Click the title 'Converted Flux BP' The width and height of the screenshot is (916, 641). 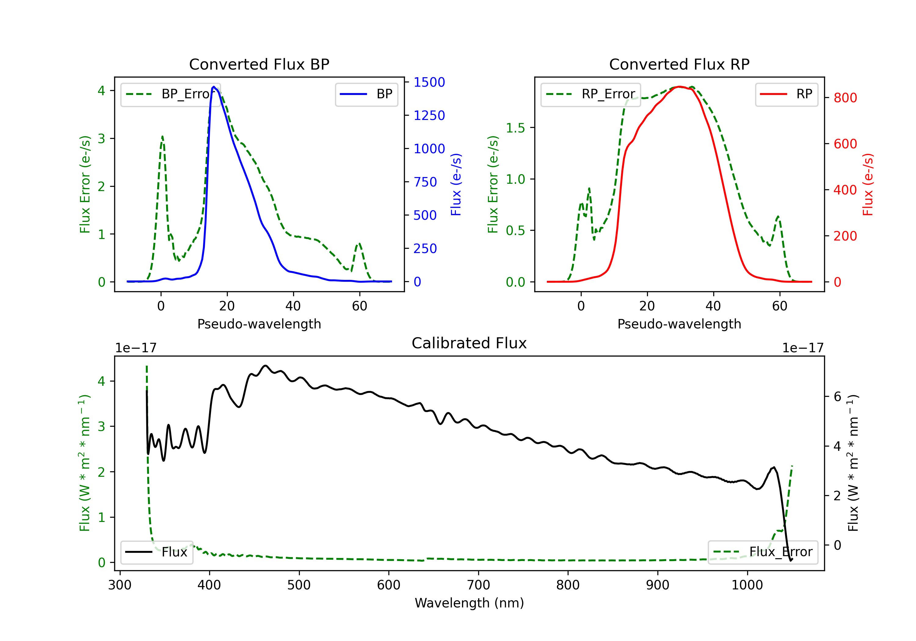point(259,64)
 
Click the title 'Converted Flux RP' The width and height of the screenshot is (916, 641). point(679,64)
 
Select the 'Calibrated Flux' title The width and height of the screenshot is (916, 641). point(469,343)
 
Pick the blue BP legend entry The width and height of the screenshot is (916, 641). point(366,94)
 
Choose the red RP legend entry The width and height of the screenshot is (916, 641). point(786,94)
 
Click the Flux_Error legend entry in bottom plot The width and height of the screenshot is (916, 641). point(763,552)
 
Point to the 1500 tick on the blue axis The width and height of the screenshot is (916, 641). point(429,82)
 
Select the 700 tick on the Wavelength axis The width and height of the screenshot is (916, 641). point(478,585)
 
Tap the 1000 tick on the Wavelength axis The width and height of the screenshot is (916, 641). point(747,585)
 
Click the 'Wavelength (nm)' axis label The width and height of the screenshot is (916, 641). point(469,603)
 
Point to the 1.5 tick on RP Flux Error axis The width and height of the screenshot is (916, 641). point(515,128)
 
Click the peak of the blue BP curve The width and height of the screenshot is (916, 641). point(214,87)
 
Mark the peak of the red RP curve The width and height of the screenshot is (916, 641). point(679,87)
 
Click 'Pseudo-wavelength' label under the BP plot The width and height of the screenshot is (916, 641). point(259,324)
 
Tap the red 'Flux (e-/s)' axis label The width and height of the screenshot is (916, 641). point(868,185)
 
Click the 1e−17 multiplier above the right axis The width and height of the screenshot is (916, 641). point(803,348)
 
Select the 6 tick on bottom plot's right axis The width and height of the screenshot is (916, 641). point(838,397)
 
